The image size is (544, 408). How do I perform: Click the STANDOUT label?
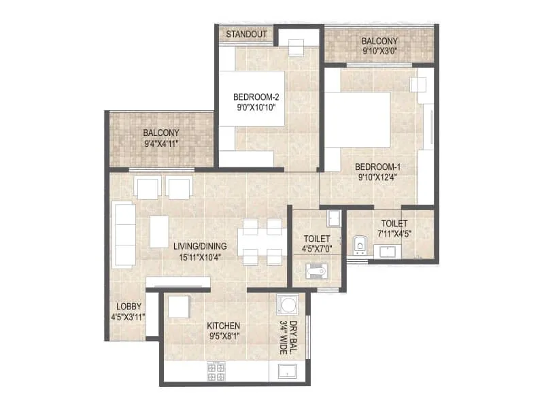245,34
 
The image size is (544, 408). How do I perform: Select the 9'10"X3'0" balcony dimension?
380,50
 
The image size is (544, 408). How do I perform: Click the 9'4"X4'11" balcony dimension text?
161,144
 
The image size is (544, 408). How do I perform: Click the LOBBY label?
128,307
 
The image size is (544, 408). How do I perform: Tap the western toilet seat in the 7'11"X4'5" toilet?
360,244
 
